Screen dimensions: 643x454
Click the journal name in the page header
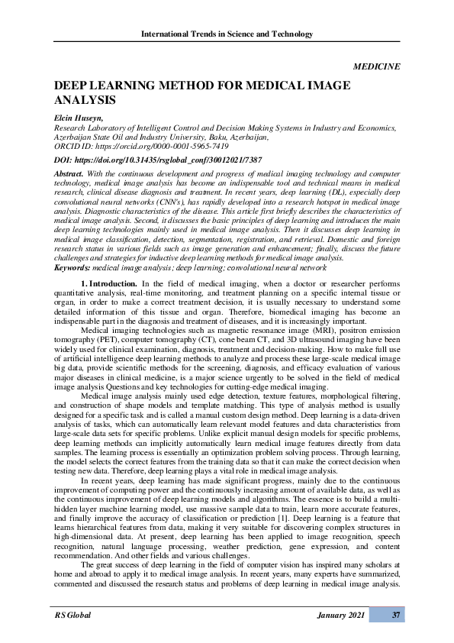coord(227,34)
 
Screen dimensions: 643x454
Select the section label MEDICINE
coord(377,66)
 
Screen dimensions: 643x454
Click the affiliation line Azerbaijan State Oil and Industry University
coord(160,137)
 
